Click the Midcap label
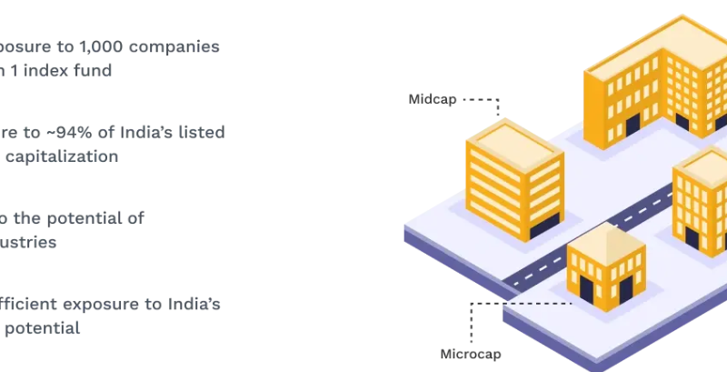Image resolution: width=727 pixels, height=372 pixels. [433, 99]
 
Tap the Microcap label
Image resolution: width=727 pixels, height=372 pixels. [471, 354]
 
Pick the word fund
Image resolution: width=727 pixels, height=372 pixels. [92, 70]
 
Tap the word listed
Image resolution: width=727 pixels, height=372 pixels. [204, 132]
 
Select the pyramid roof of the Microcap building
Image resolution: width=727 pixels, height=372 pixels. [603, 238]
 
